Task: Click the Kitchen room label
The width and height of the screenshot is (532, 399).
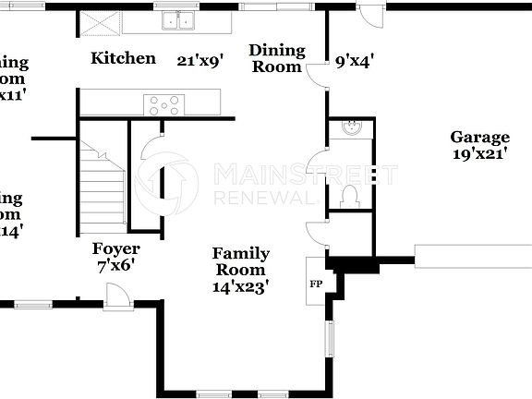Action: coord(123,59)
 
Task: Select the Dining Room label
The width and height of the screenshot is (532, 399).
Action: coord(276,58)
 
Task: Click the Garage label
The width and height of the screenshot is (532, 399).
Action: coord(479,138)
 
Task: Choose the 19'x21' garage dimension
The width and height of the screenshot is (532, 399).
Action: coord(479,154)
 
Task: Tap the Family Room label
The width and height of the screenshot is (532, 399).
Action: coord(241,261)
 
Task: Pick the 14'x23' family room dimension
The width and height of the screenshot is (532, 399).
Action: coord(241,286)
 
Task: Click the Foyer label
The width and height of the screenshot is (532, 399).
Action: coord(116,248)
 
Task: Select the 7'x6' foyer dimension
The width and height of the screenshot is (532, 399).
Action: coord(116,265)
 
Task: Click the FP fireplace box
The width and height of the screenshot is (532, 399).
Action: coord(314,284)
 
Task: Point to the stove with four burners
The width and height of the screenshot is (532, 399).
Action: coord(163,103)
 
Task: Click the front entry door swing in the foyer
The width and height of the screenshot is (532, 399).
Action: coord(117,295)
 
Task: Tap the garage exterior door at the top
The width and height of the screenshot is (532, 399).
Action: coord(371,17)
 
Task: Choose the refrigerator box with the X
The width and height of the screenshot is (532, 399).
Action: coord(97,22)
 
